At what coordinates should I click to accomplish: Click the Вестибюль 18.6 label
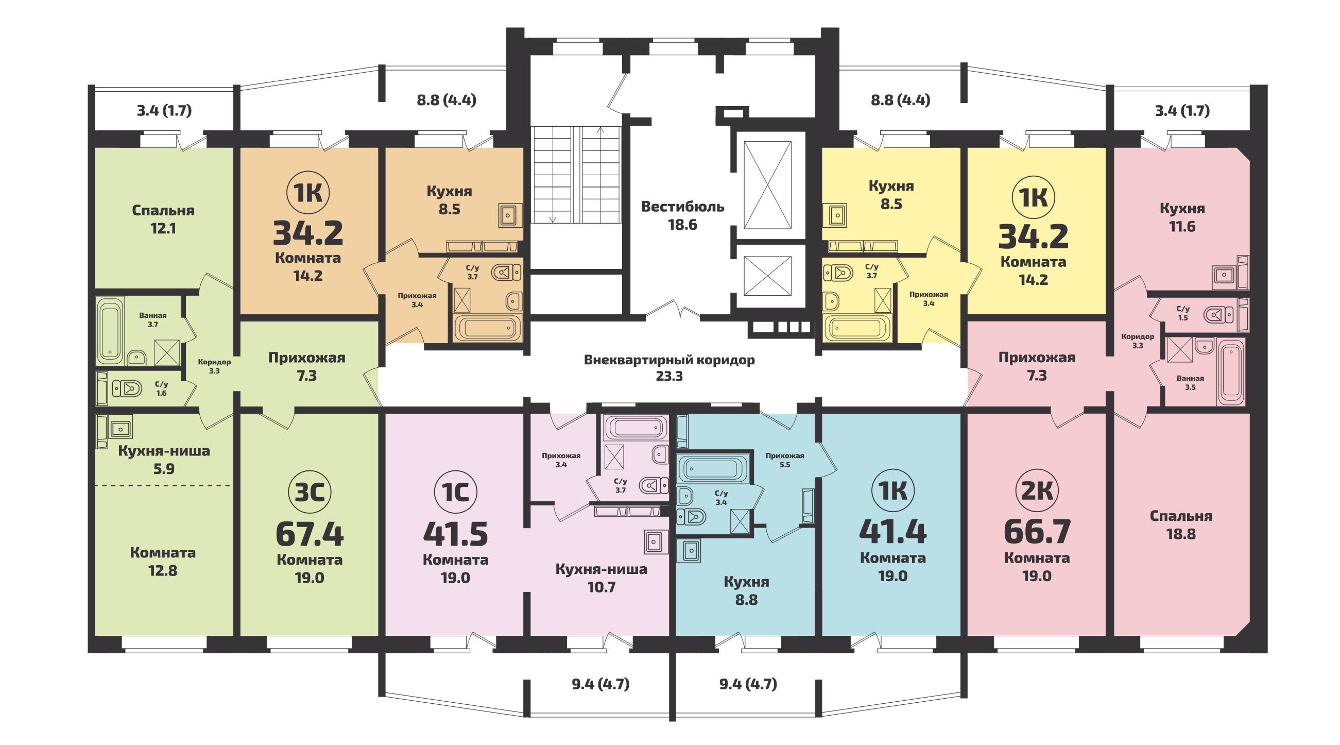click(682, 216)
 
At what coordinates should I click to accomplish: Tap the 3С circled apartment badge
click(310, 492)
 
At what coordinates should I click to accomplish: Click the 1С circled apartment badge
click(455, 492)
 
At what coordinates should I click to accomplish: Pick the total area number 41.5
click(455, 533)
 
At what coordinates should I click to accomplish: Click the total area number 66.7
click(1037, 532)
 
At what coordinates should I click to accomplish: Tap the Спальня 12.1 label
click(163, 219)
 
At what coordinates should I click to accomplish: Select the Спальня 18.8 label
click(1181, 525)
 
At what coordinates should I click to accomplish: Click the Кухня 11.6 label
click(1182, 217)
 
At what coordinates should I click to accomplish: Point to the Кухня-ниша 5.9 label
click(164, 460)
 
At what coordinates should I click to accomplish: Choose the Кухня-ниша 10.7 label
click(602, 578)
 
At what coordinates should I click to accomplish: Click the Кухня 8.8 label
click(746, 590)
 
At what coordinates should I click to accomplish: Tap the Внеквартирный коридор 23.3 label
click(669, 368)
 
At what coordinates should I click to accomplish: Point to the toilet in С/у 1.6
click(126, 388)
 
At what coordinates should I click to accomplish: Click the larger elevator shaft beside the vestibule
click(768, 184)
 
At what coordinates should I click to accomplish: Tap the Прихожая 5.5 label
click(784, 460)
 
